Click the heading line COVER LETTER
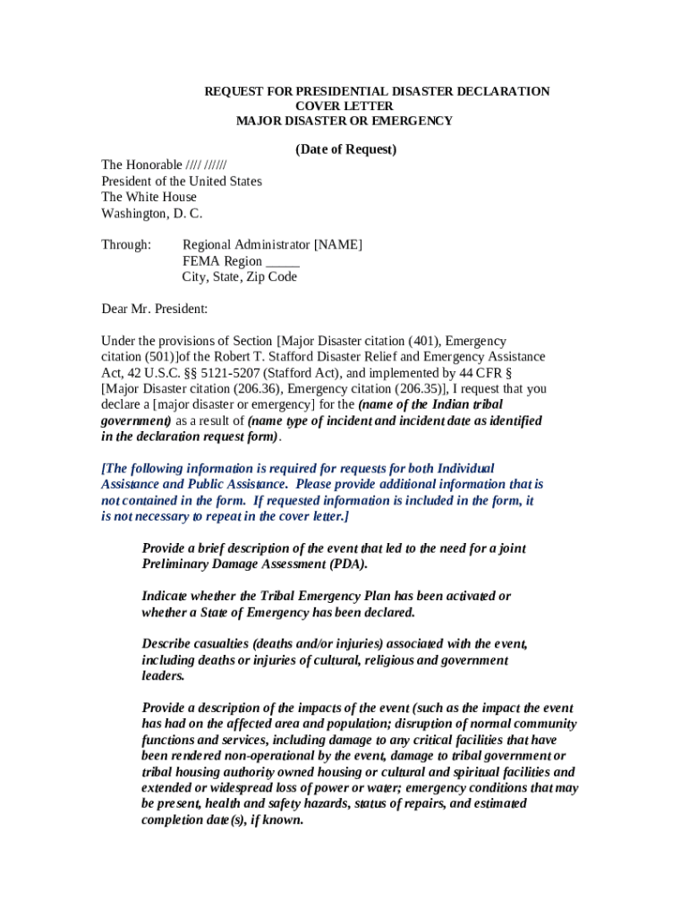pyautogui.click(x=344, y=106)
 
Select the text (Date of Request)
pyautogui.click(x=345, y=149)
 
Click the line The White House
pyautogui.click(x=149, y=197)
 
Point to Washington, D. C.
pyautogui.click(x=152, y=213)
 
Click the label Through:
pyautogui.click(x=126, y=245)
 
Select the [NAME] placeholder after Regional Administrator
pyautogui.click(x=337, y=245)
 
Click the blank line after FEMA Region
pyautogui.click(x=283, y=261)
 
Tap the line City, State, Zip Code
pyautogui.click(x=240, y=277)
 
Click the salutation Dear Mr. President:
pyautogui.click(x=155, y=310)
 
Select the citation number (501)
pyautogui.click(x=157, y=357)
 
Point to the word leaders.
pyautogui.click(x=164, y=676)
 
